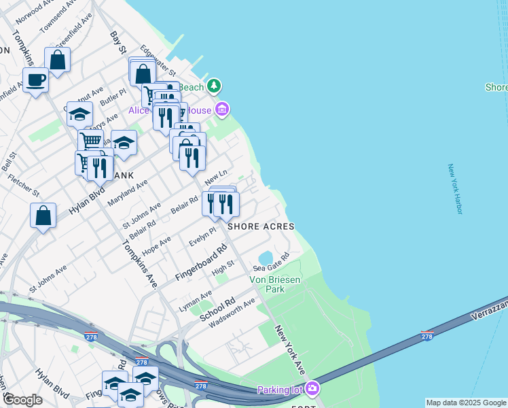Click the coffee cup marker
35,80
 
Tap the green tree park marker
215,86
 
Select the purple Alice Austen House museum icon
221,109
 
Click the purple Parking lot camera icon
312,389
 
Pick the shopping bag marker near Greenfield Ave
58,60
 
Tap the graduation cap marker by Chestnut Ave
79,114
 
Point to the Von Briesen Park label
276,284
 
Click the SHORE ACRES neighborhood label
261,226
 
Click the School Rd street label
217,309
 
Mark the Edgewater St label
158,61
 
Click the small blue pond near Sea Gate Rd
266,257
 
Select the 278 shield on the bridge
427,335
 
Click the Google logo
23,399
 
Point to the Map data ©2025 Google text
466,403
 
